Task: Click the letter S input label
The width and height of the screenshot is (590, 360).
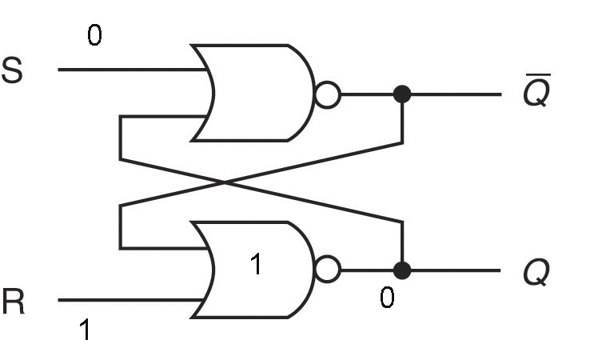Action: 12,71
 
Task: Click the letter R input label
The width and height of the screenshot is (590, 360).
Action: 12,302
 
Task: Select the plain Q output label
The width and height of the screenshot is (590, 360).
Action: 536,274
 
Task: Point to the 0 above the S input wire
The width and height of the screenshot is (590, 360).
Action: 94,37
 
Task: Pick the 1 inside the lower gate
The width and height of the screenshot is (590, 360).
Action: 256,265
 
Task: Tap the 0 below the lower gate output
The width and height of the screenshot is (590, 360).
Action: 387,298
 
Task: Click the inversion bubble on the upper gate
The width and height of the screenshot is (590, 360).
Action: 328,95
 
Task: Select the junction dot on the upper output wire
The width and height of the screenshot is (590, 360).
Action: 402,94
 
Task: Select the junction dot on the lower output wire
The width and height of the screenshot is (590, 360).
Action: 402,270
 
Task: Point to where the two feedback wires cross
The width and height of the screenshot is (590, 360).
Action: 226,183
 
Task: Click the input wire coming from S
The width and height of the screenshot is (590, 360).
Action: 128,70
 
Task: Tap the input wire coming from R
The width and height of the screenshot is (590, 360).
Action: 128,301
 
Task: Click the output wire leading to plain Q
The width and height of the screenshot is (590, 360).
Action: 456,270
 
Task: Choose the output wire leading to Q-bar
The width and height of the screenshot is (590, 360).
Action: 456,94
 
